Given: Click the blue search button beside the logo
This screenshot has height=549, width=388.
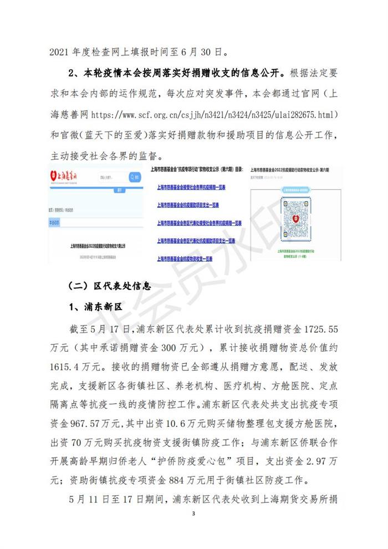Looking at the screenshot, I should pyautogui.click(x=134, y=177).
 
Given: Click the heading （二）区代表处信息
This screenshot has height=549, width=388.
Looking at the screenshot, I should pyautogui.click(x=109, y=286).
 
